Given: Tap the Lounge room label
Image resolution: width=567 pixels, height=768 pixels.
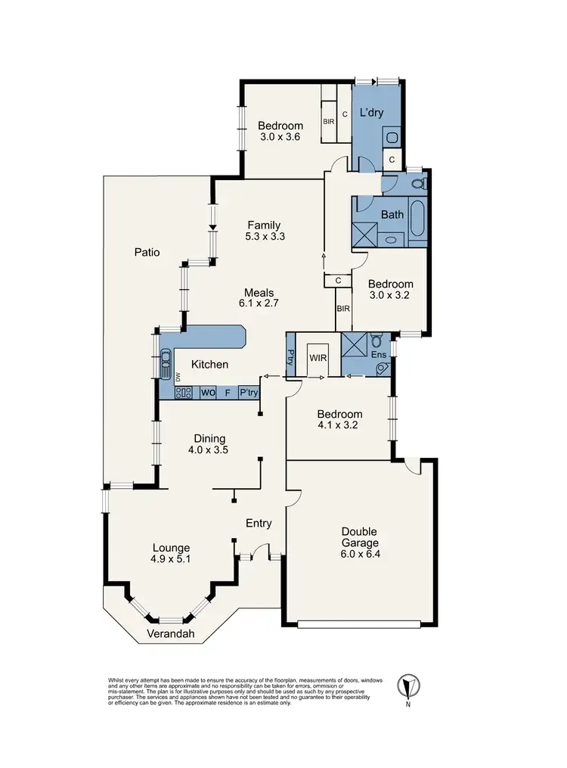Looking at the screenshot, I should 171,548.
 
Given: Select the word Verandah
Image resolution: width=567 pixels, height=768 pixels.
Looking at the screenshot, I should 168,634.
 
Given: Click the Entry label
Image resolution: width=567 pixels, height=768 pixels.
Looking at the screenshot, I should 259,523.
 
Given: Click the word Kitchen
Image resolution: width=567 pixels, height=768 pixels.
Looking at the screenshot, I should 209,365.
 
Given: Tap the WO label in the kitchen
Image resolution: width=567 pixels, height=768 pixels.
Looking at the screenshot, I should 207,393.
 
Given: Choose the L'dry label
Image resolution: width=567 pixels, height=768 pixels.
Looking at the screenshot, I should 371,113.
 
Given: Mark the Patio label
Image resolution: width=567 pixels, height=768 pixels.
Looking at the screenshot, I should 147,253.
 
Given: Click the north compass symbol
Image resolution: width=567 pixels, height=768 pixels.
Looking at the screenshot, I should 409,686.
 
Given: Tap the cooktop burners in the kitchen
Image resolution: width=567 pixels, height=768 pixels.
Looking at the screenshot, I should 184,393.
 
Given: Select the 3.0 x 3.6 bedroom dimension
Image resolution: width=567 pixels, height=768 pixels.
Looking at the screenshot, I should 280,138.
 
